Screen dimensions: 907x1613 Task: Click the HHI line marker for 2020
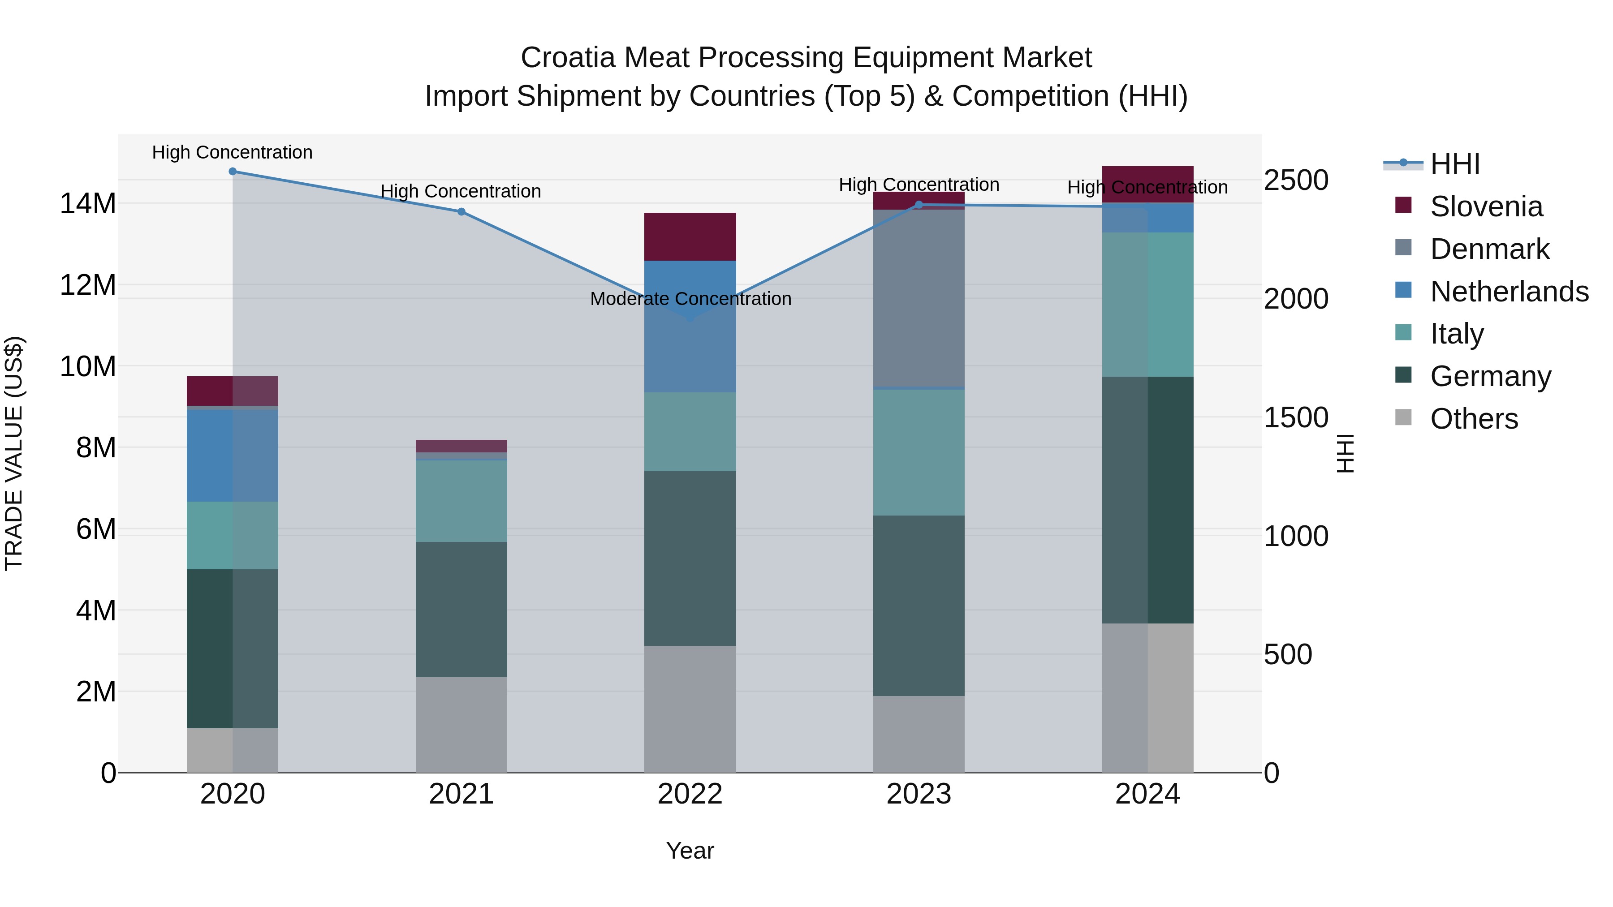coord(232,172)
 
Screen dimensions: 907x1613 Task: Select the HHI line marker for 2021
coord(461,211)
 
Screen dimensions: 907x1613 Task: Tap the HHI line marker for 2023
coord(919,205)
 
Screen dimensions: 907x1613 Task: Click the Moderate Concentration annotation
coord(690,299)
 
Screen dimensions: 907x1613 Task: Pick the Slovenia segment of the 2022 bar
coord(690,236)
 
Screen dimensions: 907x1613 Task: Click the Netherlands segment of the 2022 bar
coord(690,351)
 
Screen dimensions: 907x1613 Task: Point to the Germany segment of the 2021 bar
coord(461,609)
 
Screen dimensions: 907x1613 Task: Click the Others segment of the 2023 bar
coord(919,734)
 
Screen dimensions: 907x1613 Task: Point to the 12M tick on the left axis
coord(88,285)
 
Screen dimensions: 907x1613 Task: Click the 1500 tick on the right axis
coord(1295,417)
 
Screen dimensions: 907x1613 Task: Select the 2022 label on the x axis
coord(690,794)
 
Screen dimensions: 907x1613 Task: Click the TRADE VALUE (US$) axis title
coord(14,453)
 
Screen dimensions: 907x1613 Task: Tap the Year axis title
coord(690,851)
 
